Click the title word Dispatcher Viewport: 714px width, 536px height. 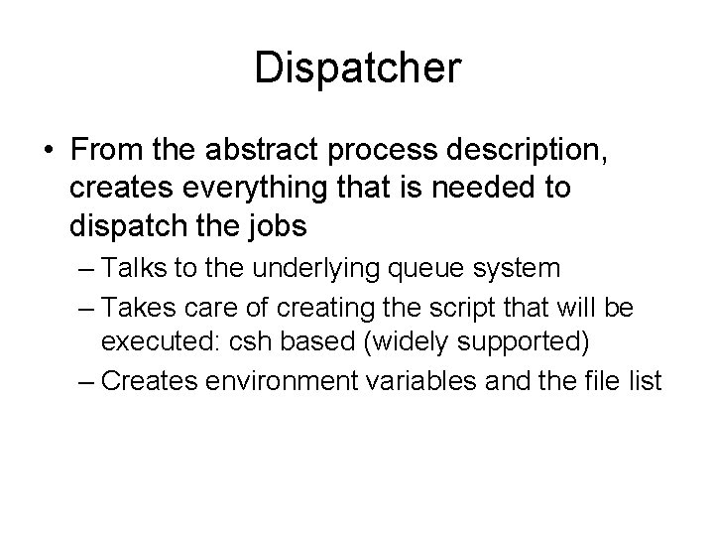357,68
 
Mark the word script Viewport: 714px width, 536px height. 459,307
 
